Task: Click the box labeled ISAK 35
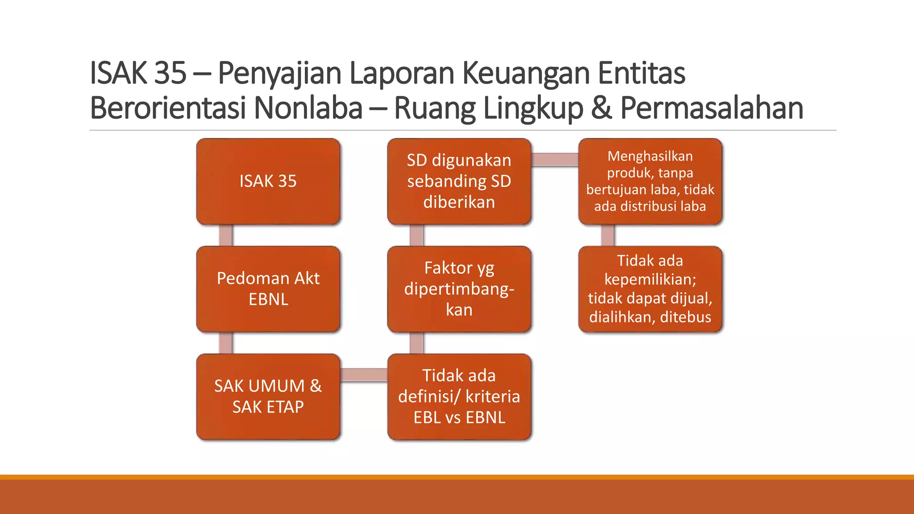[268, 181]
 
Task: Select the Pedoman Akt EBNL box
[268, 289]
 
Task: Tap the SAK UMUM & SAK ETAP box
[268, 396]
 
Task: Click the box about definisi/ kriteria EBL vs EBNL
[459, 396]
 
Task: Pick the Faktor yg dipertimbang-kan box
[459, 289]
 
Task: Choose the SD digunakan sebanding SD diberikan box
[459, 181]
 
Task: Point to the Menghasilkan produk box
[650, 181]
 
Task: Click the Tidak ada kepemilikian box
[650, 289]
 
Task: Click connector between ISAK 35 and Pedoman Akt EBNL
[226, 235]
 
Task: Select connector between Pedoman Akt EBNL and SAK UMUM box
[226, 343]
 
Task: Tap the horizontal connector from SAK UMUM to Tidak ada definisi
[364, 375]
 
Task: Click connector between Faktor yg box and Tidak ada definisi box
[416, 343]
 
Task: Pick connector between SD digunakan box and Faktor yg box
[416, 235]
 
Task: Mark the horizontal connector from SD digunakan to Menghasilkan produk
[555, 159]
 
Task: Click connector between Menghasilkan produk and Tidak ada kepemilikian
[607, 235]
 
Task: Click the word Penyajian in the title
[279, 73]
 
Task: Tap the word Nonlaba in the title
[308, 108]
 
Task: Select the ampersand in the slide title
[601, 108]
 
